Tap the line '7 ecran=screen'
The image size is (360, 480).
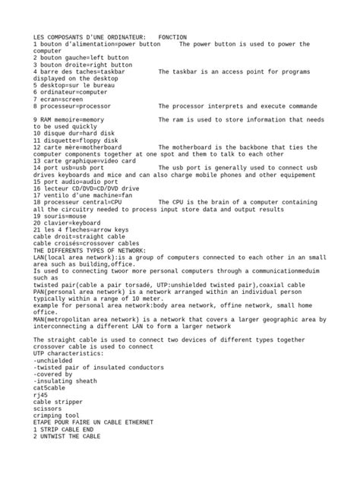tap(58, 99)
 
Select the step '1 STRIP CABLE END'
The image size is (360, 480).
tap(65, 430)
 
